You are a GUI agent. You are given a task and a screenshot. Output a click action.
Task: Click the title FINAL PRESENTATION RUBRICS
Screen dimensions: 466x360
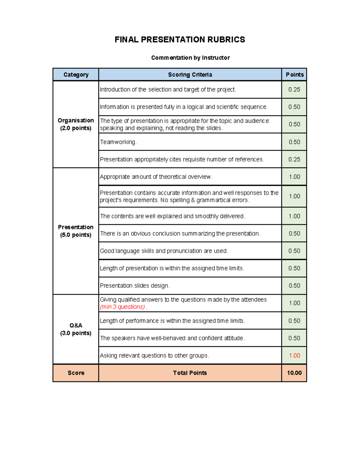[180, 40]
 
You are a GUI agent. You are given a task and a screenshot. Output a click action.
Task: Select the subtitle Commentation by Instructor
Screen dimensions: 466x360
[190, 58]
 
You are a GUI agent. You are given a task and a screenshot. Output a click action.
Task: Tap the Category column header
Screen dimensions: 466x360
[76, 75]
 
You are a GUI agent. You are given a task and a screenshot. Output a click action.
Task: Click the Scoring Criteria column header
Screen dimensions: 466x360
[190, 75]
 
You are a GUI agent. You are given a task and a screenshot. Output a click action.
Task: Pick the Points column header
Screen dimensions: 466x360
[294, 75]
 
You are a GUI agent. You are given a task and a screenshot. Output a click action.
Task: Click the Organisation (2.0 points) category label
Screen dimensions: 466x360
[76, 124]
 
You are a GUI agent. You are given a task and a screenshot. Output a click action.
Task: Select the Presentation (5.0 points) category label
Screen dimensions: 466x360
[76, 231]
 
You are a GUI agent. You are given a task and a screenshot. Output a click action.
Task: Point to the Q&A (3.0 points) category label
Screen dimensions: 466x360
[76, 329]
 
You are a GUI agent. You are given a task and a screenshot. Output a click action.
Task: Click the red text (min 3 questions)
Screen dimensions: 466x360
[122, 307]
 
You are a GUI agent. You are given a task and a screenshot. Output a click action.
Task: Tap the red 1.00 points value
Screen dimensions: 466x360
[294, 356]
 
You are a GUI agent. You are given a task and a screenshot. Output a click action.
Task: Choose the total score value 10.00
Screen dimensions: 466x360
[294, 373]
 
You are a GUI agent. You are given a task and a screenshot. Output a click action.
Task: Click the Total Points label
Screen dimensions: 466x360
[190, 373]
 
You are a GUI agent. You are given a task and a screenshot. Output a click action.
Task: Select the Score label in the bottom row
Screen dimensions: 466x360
[76, 373]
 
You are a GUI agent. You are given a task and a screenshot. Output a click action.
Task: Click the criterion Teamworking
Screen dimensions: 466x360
[118, 142]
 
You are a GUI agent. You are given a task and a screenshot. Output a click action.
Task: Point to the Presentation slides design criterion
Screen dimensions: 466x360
[135, 286]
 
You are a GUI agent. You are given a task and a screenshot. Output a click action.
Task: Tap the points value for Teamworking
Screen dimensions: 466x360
[294, 142]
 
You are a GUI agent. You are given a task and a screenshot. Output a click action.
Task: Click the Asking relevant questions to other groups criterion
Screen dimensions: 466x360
[154, 356]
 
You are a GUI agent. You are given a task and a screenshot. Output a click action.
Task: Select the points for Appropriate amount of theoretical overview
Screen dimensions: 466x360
[294, 177]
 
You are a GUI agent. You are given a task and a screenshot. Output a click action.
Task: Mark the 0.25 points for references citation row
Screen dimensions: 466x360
[294, 159]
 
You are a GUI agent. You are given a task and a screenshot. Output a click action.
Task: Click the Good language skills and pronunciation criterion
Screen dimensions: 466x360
[164, 251]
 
